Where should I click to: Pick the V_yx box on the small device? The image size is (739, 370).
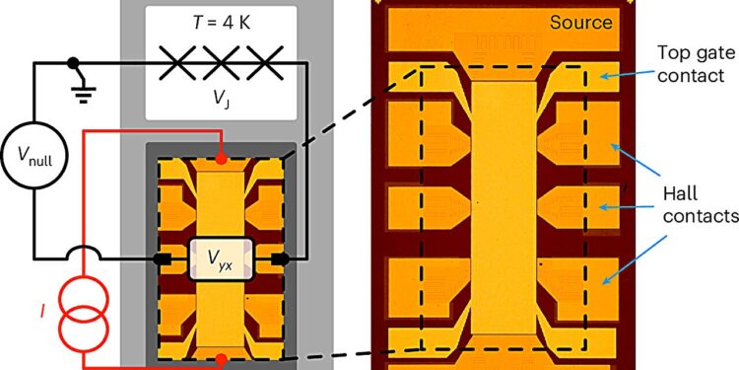[x=222, y=259]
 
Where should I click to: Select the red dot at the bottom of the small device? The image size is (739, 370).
[x=222, y=356]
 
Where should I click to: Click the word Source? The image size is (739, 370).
[x=581, y=23]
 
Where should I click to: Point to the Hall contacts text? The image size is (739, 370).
[x=683, y=206]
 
